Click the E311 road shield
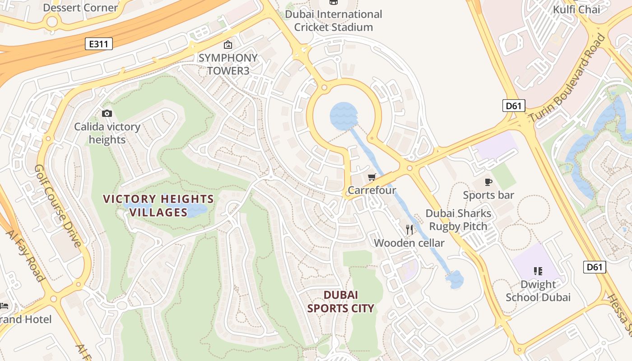[98, 44]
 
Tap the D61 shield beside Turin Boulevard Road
[513, 106]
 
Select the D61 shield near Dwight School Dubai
[594, 267]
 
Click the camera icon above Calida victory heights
[107, 113]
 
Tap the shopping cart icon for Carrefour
[372, 177]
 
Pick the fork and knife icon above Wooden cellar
[409, 230]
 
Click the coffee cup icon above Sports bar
[488, 182]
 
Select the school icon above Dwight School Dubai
[538, 271]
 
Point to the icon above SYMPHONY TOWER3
[228, 45]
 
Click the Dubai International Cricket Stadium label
[334, 21]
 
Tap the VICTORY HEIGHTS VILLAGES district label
[158, 205]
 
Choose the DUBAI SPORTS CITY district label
[341, 301]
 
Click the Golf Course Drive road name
[58, 205]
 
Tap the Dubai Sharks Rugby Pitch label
[458, 220]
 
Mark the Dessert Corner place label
[80, 8]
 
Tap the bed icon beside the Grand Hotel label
[4, 306]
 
